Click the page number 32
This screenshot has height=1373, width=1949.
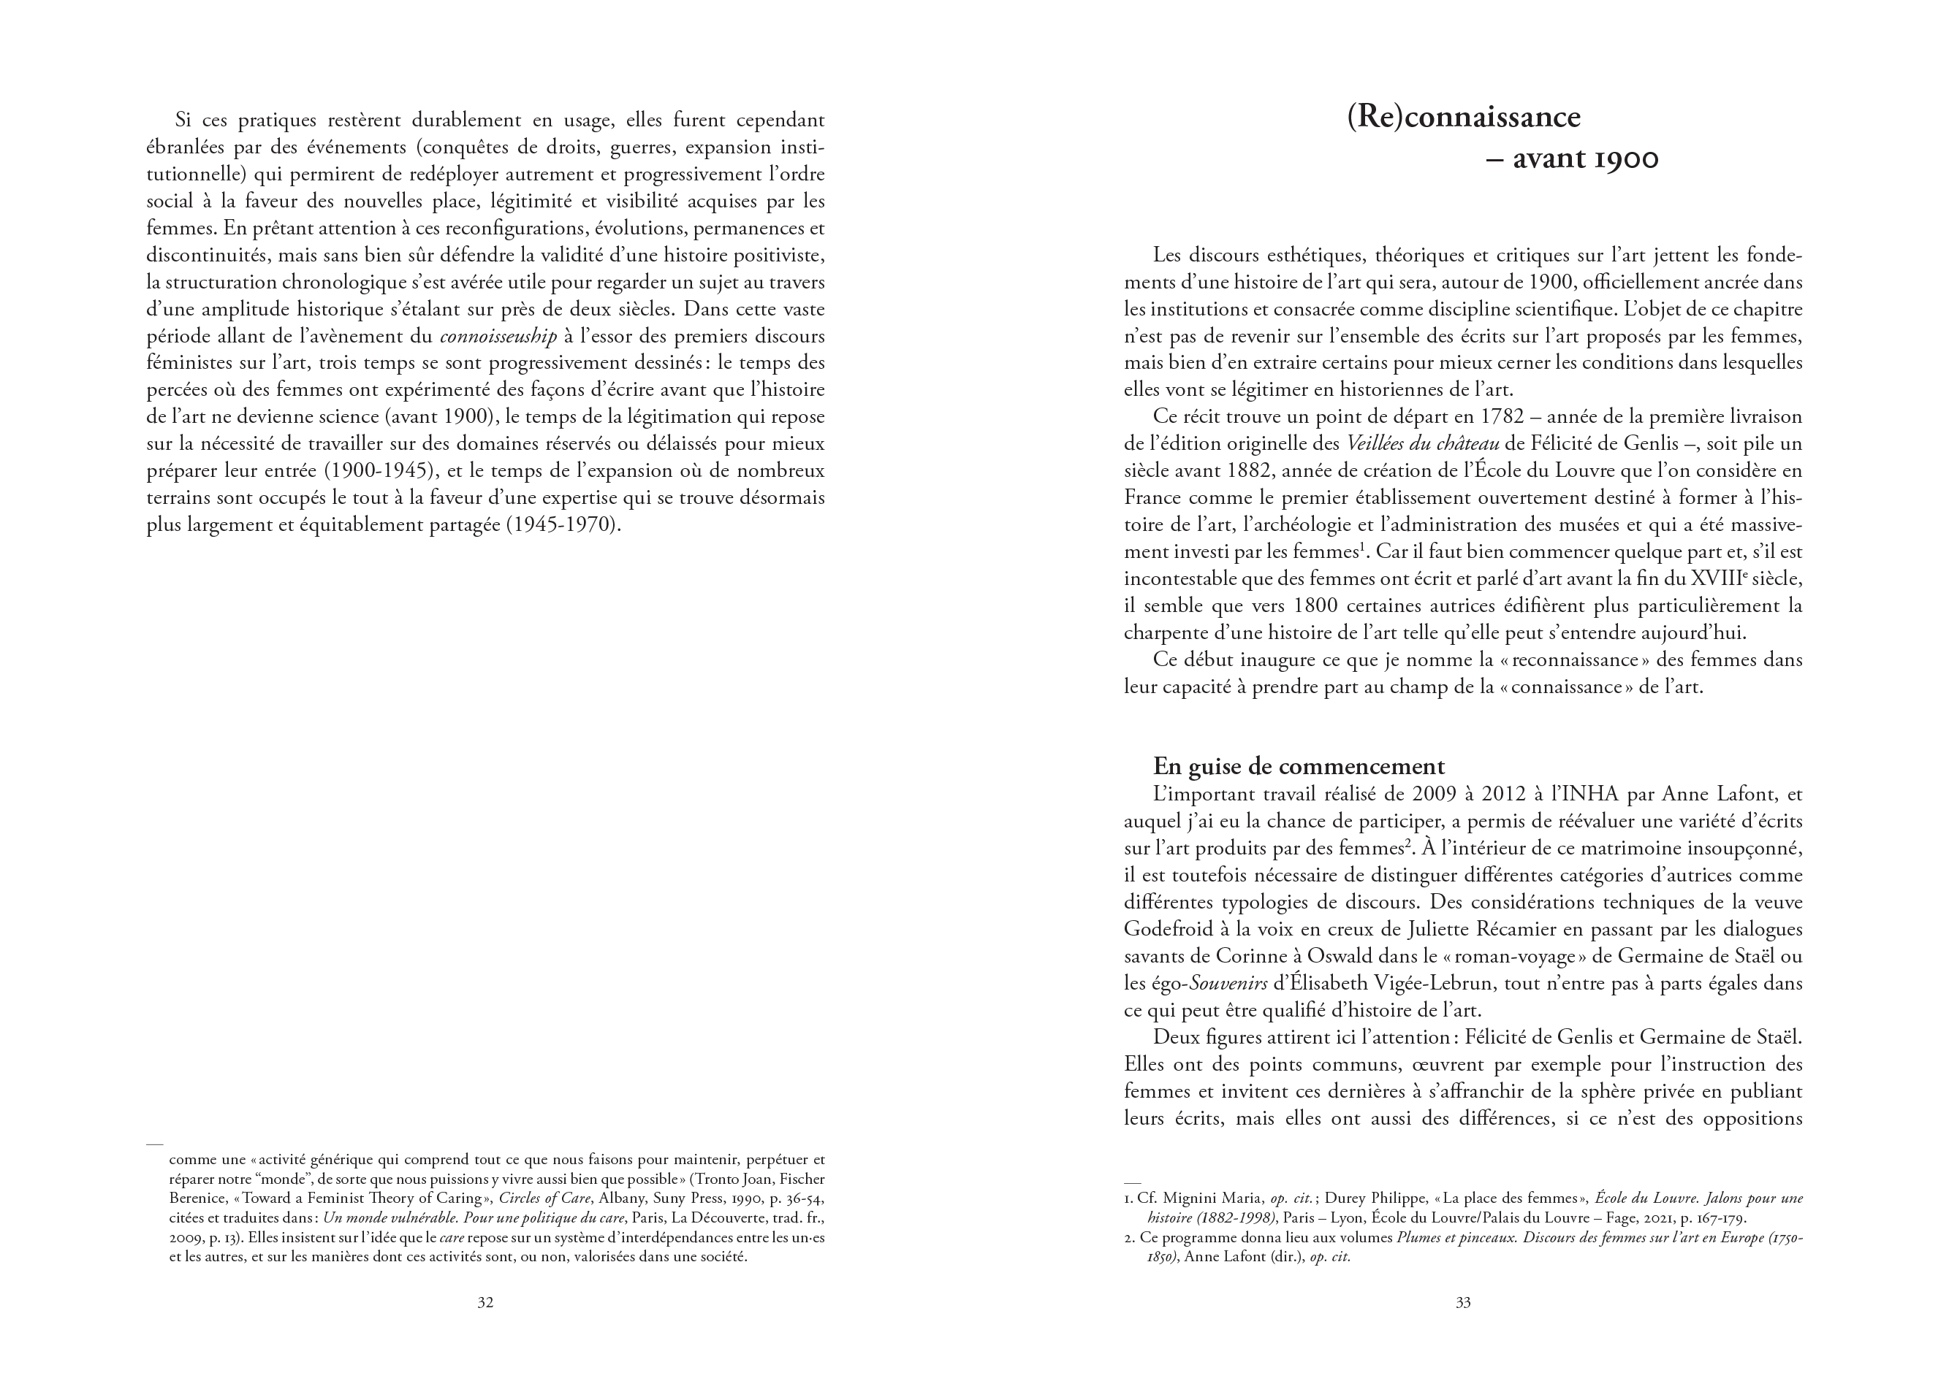coord(485,1303)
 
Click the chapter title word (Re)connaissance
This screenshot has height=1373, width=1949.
coord(1464,116)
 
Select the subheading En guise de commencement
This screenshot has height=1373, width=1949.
coord(1299,766)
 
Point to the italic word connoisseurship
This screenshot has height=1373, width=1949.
coord(498,336)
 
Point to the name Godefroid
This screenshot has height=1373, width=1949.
coord(1167,929)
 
